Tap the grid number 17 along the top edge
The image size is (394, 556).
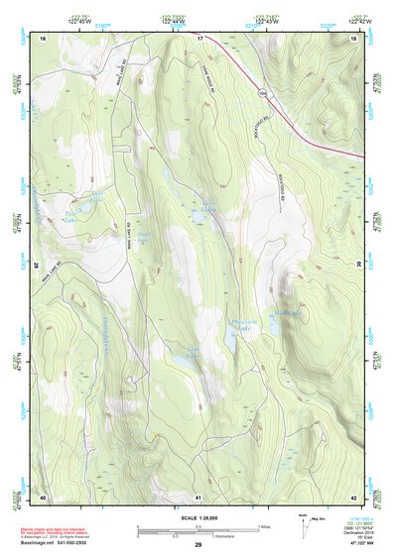tap(198, 38)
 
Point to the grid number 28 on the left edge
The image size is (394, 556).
tap(38, 265)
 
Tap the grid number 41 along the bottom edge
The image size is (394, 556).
tap(198, 496)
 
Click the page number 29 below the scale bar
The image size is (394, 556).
tap(197, 545)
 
